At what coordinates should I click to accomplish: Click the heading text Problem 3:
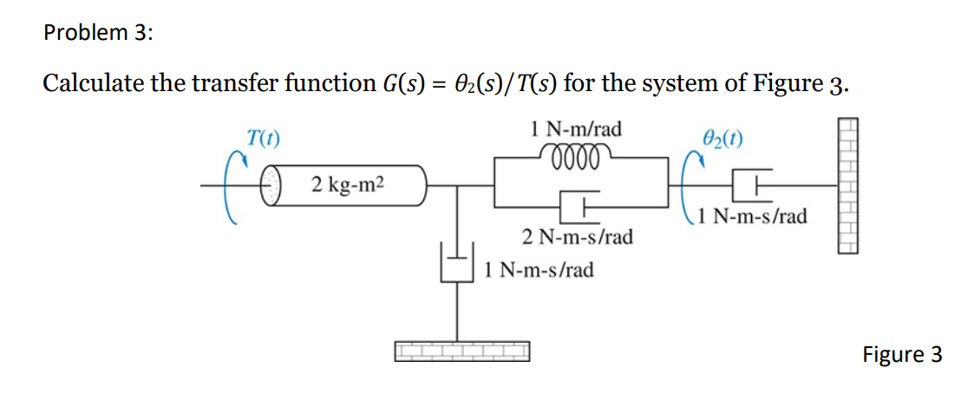pos(97,33)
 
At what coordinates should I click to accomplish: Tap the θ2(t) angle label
pos(722,139)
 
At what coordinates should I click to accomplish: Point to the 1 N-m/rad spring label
pos(576,130)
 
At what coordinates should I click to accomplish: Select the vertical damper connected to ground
pos(457,264)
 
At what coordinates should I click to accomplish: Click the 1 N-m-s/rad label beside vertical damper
pos(539,270)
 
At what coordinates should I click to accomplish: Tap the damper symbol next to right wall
pos(751,184)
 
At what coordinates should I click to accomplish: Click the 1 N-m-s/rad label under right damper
pos(751,216)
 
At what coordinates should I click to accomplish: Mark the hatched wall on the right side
pos(847,186)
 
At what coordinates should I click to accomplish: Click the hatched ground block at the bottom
pos(461,351)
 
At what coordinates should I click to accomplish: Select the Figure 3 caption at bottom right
pos(901,354)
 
